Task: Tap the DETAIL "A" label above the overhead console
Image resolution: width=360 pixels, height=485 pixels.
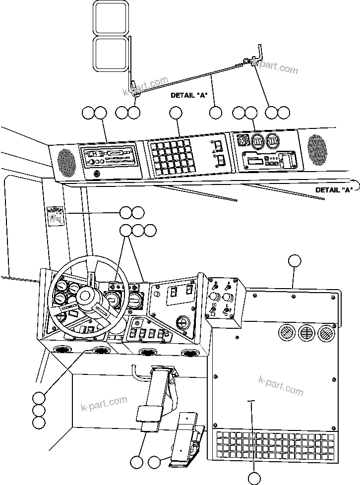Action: (188, 95)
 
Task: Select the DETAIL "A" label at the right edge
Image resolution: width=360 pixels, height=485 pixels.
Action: (334, 189)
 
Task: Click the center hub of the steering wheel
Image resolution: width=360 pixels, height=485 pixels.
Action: (85, 299)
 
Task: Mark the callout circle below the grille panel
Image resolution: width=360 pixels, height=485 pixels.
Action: (253, 478)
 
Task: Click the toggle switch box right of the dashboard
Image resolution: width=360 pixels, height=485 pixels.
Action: (222, 301)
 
